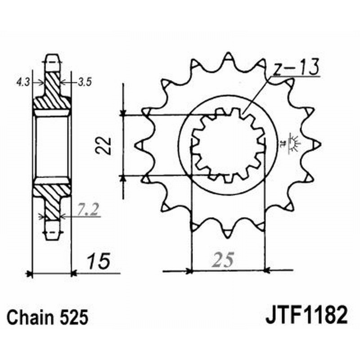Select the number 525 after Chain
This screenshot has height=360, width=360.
coord(72,317)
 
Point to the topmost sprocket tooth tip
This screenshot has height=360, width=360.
coord(228,54)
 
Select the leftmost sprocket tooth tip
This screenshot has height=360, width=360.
coord(137,144)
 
